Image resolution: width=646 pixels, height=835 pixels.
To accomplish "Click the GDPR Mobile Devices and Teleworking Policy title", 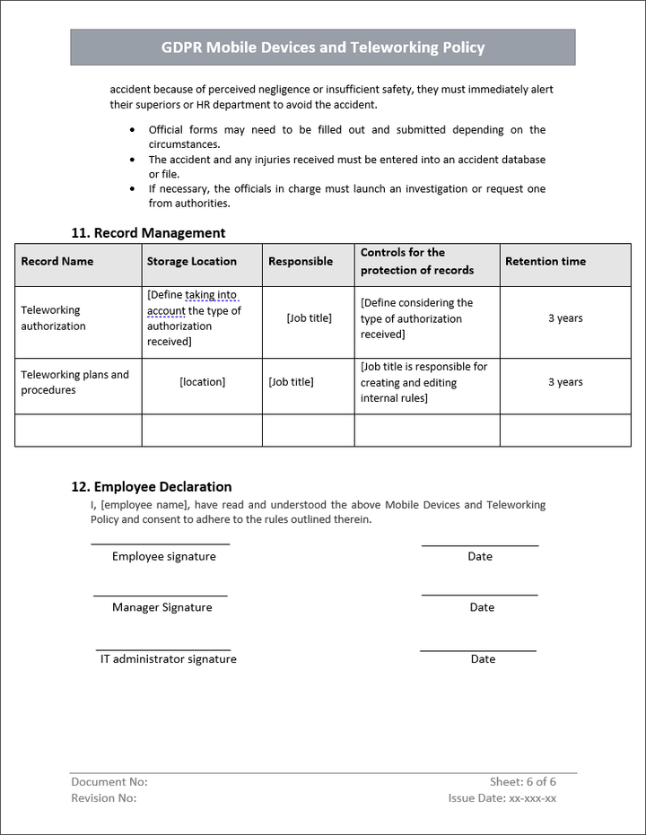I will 323,48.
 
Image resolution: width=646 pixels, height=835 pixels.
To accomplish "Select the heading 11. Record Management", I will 148,233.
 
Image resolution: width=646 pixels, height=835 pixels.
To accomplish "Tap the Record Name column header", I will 57,262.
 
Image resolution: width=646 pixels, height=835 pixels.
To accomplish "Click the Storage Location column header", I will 192,262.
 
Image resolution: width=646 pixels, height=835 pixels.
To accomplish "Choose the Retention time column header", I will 546,262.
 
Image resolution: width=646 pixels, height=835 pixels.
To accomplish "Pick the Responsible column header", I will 301,262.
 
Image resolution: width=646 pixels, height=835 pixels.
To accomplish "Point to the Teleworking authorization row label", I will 54,318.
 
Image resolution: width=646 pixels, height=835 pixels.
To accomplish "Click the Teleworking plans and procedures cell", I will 75,383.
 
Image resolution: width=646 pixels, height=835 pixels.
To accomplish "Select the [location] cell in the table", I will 203,382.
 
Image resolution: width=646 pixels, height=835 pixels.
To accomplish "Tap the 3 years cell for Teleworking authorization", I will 565,318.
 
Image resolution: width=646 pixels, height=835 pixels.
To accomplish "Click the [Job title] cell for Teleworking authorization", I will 309,318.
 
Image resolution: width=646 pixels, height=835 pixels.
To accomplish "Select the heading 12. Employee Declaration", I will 152,487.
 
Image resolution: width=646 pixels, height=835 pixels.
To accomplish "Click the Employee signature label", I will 164,557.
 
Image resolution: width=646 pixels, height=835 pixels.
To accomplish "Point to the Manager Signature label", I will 162,608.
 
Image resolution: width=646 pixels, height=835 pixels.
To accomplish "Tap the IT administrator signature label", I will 169,659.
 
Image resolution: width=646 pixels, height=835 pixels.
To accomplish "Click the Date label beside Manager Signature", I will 482,608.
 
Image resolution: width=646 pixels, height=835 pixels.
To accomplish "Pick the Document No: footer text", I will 109,782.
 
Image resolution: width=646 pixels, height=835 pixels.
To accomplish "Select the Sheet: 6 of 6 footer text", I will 523,782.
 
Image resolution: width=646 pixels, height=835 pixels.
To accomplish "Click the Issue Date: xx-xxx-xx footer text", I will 502,798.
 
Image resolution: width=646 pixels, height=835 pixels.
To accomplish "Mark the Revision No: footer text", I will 104,798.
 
